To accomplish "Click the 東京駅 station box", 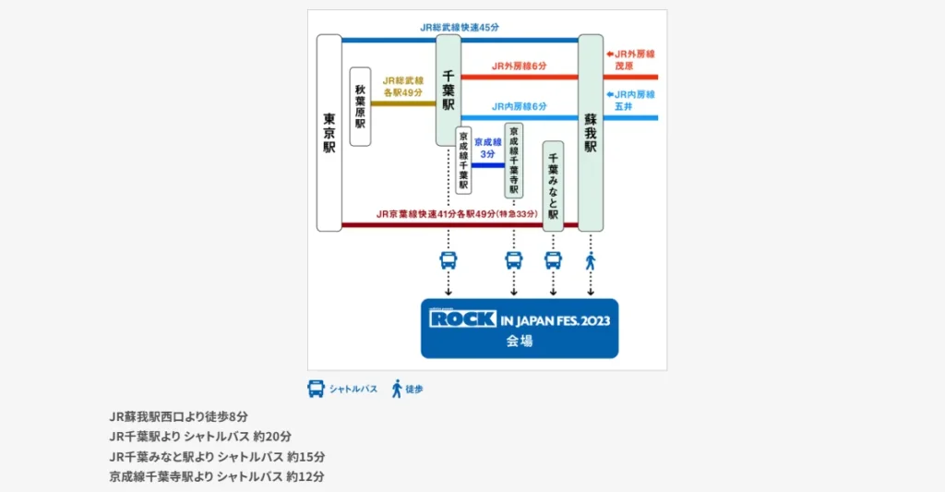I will pos(329,133).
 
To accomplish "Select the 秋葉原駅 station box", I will pos(360,106).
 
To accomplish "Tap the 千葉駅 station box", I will pos(449,90).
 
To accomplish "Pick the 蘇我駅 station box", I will pos(591,133).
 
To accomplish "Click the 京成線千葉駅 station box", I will pos(463,161).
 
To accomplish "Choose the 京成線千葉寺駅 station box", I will pos(514,159).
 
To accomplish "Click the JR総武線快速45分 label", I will pos(461,28).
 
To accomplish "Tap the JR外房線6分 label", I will pos(519,66).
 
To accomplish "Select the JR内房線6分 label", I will pos(519,106).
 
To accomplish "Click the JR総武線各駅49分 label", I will pos(402,87).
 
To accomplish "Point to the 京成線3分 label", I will pos(487,148).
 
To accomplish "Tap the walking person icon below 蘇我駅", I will pos(591,261).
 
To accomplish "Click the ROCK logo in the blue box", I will pos(463,319).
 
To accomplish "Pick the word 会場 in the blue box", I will pos(520,341).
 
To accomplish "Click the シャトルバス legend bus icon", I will pos(316,389).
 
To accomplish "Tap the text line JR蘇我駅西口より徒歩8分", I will pos(178,416).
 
